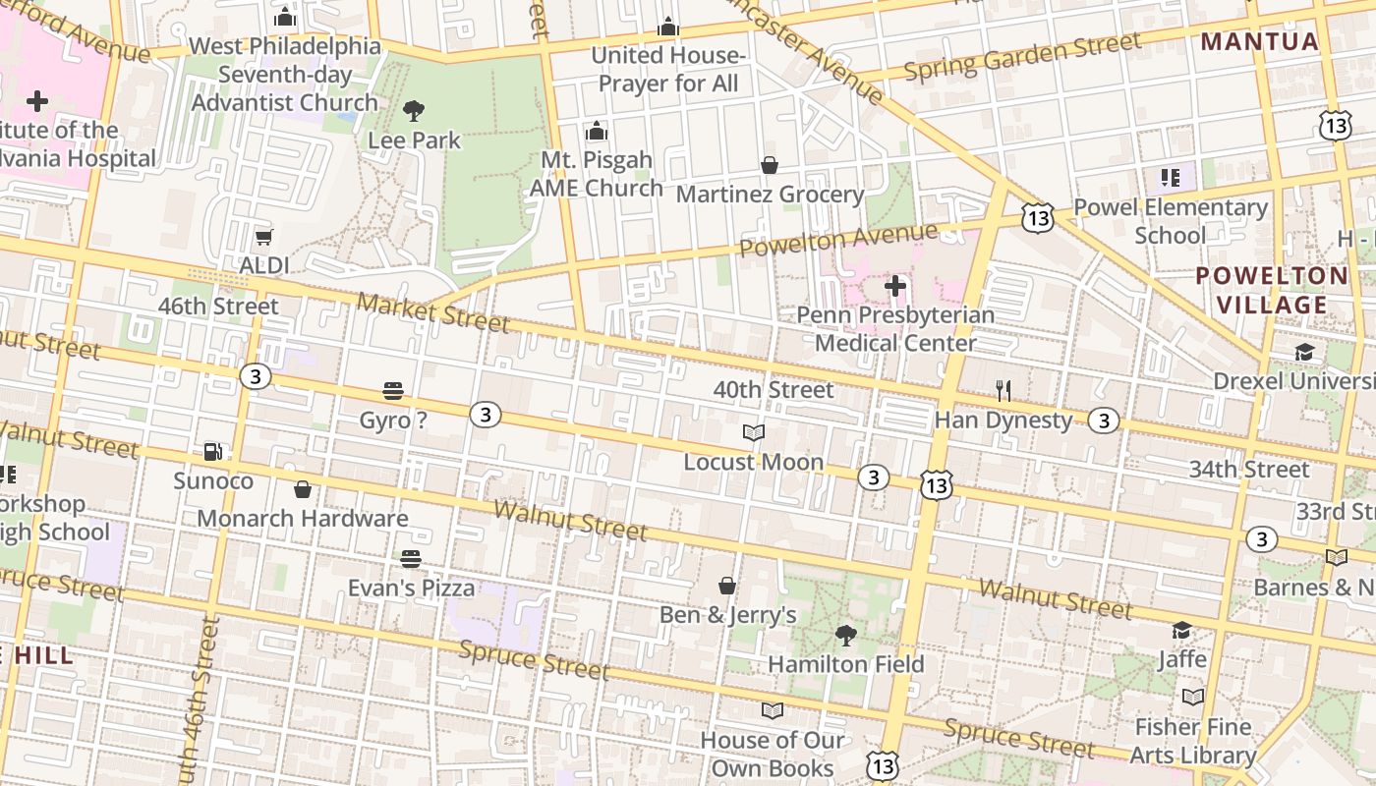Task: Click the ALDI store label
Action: coord(264,265)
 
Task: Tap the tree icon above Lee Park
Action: coord(414,110)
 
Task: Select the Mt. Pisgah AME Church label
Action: coord(597,174)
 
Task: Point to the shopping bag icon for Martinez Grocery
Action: coord(770,165)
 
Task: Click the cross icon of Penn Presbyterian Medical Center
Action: coord(895,286)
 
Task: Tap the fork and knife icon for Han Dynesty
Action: coord(1003,391)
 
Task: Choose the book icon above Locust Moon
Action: coord(754,433)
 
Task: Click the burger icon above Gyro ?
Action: coord(393,391)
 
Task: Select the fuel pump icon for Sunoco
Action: coord(213,452)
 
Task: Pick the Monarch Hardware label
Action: coord(303,518)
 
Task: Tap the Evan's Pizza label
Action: coord(411,588)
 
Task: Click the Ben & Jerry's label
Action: coord(727,615)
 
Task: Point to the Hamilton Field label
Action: coord(845,664)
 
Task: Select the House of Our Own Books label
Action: coord(773,754)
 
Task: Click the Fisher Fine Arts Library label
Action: coord(1193,741)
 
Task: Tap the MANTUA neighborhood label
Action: coord(1260,41)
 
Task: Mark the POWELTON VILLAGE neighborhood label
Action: coord(1272,290)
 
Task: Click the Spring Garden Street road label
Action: coord(1022,57)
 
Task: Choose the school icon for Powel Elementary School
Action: coord(1171,178)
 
